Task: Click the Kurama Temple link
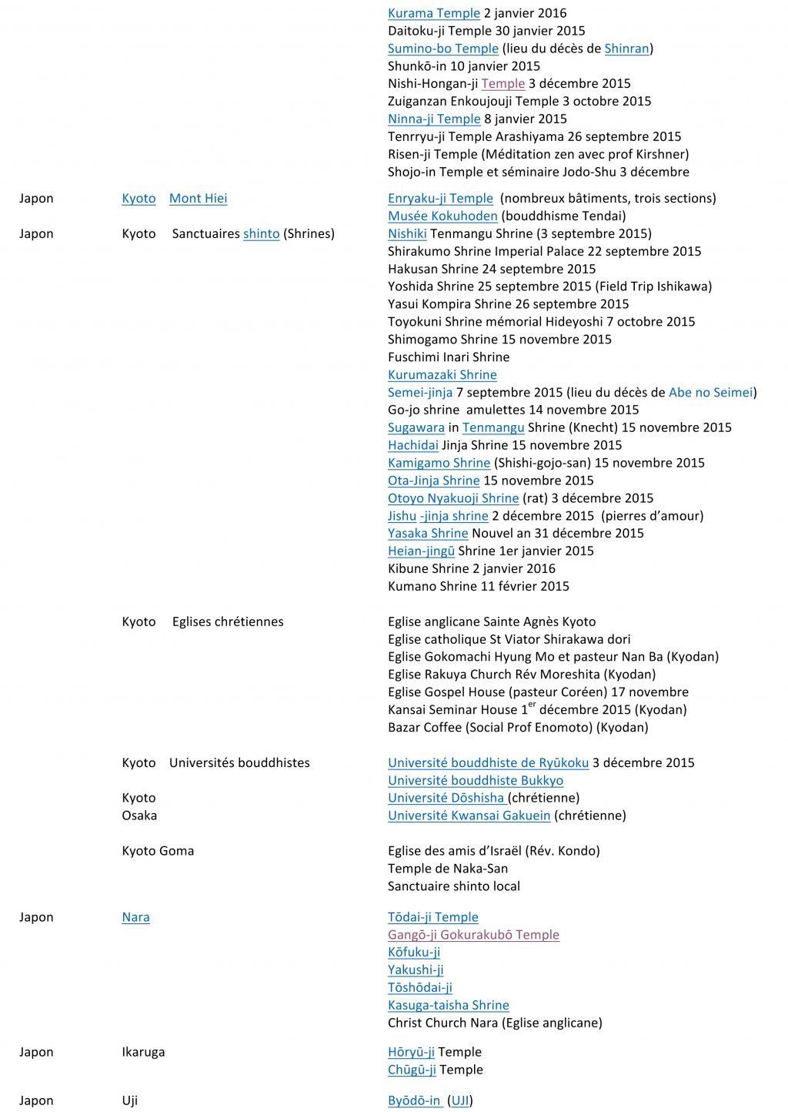(434, 13)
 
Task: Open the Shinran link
(626, 49)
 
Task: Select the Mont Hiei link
(198, 198)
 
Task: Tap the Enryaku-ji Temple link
(440, 198)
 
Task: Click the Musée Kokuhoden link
(442, 216)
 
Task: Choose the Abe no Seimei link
(710, 392)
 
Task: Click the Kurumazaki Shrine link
(442, 374)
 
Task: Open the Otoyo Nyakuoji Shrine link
(453, 497)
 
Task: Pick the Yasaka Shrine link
(428, 533)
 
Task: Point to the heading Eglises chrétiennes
(228, 621)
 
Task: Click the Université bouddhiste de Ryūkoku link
(488, 762)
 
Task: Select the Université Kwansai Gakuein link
(469, 815)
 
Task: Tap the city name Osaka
(139, 815)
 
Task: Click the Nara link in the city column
(135, 916)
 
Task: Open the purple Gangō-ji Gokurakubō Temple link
(473, 934)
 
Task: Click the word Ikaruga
(143, 1051)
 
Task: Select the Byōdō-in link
(414, 1100)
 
